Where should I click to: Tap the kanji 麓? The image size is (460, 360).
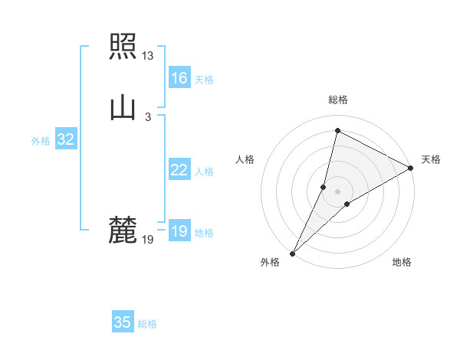[123, 230]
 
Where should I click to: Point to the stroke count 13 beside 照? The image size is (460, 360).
[147, 56]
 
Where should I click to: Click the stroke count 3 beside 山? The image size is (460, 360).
[147, 116]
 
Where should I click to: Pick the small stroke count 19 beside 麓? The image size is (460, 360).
[147, 240]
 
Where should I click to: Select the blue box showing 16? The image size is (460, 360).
[179, 78]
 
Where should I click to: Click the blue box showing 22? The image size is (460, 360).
[179, 170]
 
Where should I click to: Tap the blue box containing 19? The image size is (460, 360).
[179, 231]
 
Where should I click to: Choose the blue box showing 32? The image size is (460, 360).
[65, 139]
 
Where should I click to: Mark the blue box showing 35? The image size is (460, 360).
[123, 322]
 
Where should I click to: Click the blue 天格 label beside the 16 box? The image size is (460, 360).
[204, 80]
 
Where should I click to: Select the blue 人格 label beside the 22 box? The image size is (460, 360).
[204, 172]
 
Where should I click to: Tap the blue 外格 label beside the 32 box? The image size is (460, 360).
[41, 141]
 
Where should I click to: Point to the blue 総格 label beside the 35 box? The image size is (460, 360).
[147, 324]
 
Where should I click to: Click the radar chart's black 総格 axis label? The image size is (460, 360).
[338, 100]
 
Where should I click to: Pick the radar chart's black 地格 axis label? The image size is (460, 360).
[402, 262]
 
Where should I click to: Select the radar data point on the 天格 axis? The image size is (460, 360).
[411, 168]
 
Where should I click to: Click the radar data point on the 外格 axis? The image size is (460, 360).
[292, 254]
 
